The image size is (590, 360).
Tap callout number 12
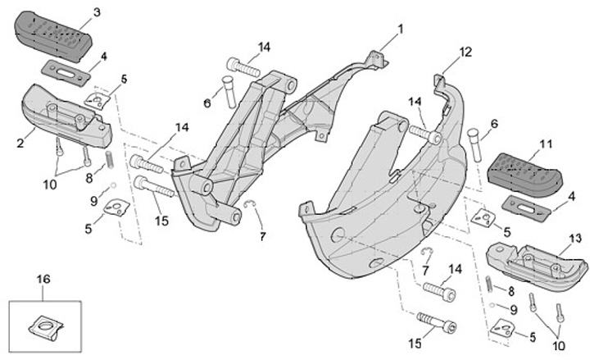(465, 51)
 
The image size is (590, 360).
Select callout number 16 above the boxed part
(43, 279)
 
